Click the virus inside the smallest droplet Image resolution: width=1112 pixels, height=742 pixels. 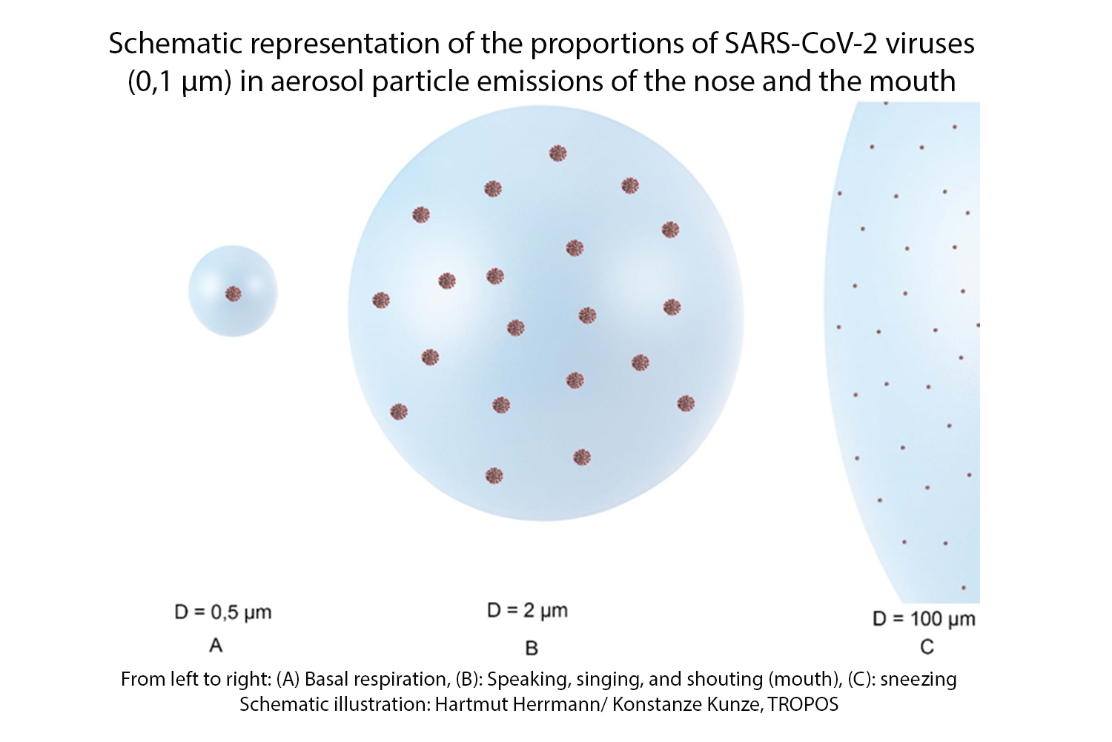coord(234,294)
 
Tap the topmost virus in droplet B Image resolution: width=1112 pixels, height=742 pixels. coord(558,153)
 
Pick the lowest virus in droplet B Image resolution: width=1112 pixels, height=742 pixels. coord(494,475)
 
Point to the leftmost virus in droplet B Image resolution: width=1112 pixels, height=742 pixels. coord(381,300)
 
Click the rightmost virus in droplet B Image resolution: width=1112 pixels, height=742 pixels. coord(686,404)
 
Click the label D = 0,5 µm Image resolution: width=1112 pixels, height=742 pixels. coord(223,612)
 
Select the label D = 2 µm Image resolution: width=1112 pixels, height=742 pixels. coord(527,611)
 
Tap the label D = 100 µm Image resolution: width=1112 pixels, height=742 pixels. coord(924,619)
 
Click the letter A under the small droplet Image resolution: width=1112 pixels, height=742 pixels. coord(216,646)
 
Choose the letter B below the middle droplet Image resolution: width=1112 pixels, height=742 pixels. coord(532,649)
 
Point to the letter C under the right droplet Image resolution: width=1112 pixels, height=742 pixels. coord(927,648)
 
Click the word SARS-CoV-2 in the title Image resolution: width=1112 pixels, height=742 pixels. coord(801,44)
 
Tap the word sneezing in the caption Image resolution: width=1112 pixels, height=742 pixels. coord(919,679)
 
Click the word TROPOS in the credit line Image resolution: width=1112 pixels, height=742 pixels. coord(803,704)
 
